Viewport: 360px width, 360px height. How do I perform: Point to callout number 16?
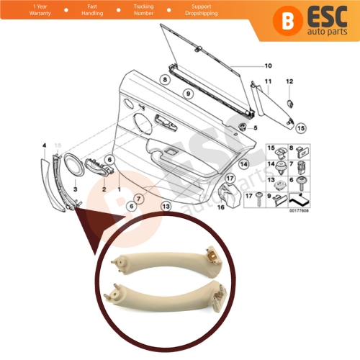[221, 206]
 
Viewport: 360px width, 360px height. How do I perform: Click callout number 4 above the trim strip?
[44, 146]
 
